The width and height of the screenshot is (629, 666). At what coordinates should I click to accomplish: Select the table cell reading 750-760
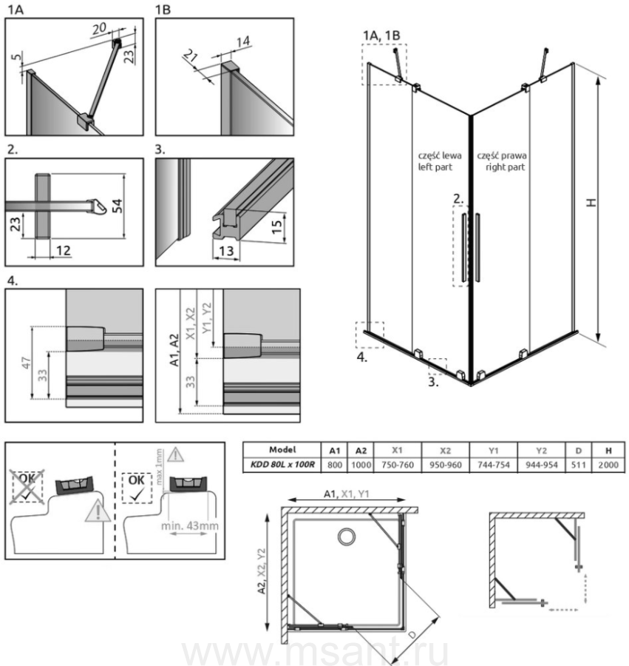point(398,463)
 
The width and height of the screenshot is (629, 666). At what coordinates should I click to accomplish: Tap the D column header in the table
point(579,449)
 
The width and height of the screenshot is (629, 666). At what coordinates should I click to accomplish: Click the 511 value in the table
point(579,463)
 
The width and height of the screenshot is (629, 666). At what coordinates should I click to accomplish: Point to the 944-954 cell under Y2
point(540,463)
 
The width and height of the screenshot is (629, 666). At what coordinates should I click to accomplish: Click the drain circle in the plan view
point(344,537)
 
